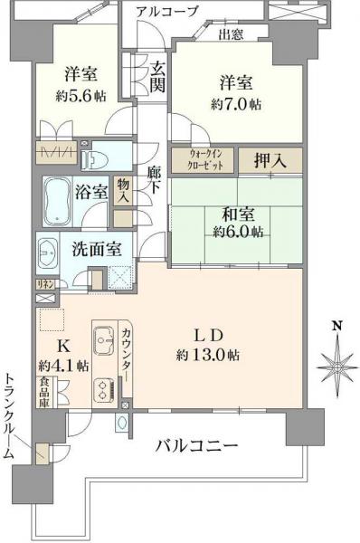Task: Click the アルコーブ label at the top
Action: (x=168, y=11)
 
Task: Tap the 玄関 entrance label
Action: (x=157, y=75)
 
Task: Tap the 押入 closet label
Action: (x=270, y=160)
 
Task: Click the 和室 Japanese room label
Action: (x=239, y=214)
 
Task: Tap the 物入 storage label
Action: (x=123, y=190)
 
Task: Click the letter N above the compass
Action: (x=336, y=325)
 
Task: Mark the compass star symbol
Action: (x=336, y=364)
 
